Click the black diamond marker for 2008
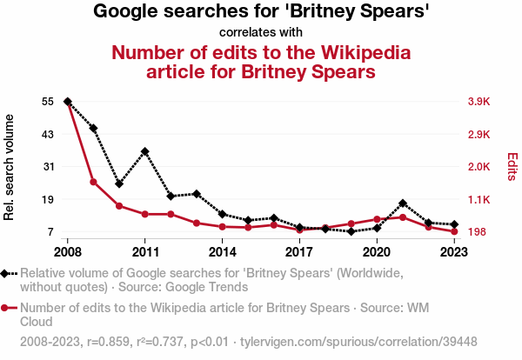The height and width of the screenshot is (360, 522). point(68,102)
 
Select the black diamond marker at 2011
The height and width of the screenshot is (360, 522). point(145,151)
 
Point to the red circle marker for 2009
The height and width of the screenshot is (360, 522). point(93,182)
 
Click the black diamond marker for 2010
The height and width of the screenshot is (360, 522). point(119,183)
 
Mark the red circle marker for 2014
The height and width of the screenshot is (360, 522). point(223,227)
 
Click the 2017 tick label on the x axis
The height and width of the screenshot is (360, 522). point(299,252)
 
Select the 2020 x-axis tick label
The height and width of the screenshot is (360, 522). point(377,252)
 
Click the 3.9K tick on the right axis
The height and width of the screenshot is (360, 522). point(479,102)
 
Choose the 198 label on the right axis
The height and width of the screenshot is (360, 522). point(477,232)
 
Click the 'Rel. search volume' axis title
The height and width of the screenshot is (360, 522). point(10,167)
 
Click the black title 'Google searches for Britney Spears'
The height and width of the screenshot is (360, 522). point(261,12)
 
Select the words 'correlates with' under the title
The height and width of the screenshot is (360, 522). point(261,32)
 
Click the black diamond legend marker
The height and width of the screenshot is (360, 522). point(7,273)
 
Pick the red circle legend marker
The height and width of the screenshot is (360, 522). point(7,307)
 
